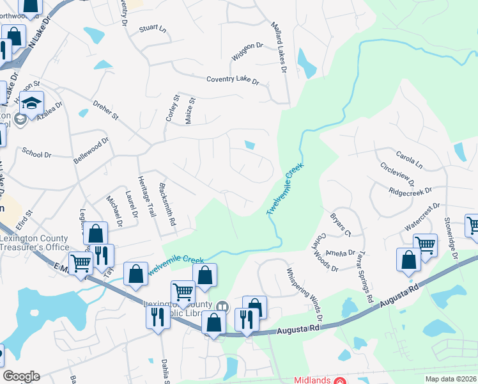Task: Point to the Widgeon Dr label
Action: (x=247, y=51)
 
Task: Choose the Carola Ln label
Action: (x=409, y=159)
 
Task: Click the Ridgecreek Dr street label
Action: (x=410, y=191)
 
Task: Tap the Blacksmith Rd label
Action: (x=167, y=205)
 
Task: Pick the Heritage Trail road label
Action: (x=146, y=196)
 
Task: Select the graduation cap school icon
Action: (x=31, y=102)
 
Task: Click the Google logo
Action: (x=21, y=376)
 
